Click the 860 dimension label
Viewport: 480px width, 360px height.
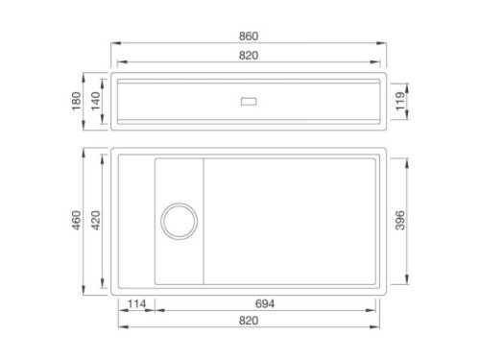pos(249,36)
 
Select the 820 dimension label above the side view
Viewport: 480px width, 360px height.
pos(249,56)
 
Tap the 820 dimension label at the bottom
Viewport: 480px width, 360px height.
pos(249,321)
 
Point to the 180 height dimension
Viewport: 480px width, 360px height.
pos(76,101)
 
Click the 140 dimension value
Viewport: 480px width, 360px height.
pos(96,101)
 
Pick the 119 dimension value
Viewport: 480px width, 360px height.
pos(400,101)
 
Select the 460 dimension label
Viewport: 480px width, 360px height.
pos(76,220)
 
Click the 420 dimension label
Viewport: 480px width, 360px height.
pos(96,220)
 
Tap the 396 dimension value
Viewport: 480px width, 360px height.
pos(400,220)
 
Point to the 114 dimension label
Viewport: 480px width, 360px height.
pos(136,303)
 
